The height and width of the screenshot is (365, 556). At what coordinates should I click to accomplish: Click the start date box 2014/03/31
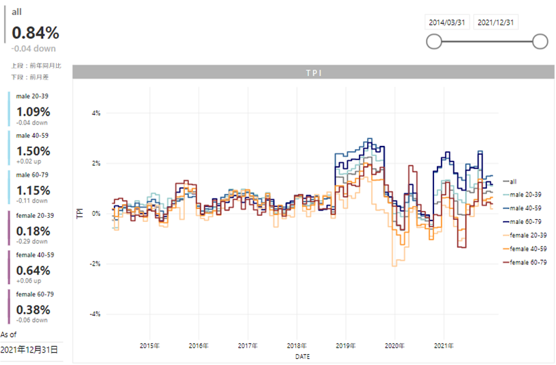(447, 22)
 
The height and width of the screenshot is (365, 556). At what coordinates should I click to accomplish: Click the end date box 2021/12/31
(496, 22)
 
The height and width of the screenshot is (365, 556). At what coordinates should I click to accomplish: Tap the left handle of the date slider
(433, 42)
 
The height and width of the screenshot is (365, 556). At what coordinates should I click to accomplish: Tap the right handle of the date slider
(540, 42)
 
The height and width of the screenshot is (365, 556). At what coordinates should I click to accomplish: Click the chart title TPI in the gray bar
(314, 72)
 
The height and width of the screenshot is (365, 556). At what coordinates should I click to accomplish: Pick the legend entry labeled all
(513, 181)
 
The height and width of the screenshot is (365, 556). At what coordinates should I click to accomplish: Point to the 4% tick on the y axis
(96, 113)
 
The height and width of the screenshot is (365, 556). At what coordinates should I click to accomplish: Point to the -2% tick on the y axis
(96, 264)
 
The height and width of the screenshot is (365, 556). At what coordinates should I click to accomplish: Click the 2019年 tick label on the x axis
(346, 346)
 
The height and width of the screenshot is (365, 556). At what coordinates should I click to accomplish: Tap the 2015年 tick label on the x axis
(149, 346)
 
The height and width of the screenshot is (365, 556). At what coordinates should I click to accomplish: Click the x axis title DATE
(302, 357)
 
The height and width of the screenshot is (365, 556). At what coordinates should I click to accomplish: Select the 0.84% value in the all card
(36, 32)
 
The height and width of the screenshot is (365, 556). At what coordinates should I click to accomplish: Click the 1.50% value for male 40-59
(34, 151)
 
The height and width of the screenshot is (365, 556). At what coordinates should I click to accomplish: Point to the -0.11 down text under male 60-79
(32, 201)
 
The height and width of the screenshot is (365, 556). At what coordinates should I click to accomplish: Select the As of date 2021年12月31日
(29, 349)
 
